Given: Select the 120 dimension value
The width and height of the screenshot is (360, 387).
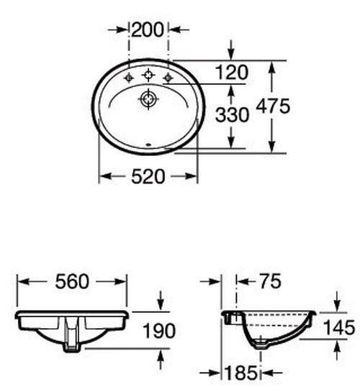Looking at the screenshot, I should pos(233,71).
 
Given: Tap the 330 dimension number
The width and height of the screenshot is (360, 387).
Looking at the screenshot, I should pos(233,114).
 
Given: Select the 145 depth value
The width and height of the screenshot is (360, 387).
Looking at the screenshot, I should pos(338,328).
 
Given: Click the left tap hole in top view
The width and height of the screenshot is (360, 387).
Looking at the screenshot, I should pos(128,76).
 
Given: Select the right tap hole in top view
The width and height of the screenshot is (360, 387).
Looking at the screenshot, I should pos(168,76).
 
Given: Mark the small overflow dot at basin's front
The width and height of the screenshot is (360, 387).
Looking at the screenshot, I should pos(148,145).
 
